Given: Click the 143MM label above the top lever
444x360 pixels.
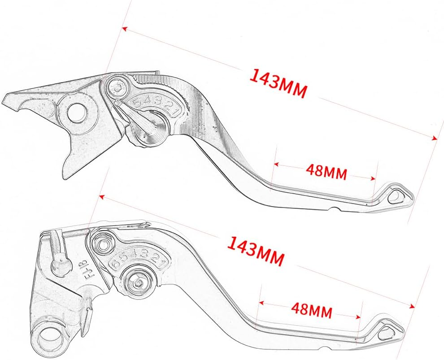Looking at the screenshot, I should [278, 83].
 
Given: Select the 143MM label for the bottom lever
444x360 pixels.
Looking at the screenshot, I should [255, 251].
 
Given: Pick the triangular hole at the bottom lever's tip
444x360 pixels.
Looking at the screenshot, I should [386, 333].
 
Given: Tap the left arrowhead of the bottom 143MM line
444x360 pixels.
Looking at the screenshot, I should [102, 196].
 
